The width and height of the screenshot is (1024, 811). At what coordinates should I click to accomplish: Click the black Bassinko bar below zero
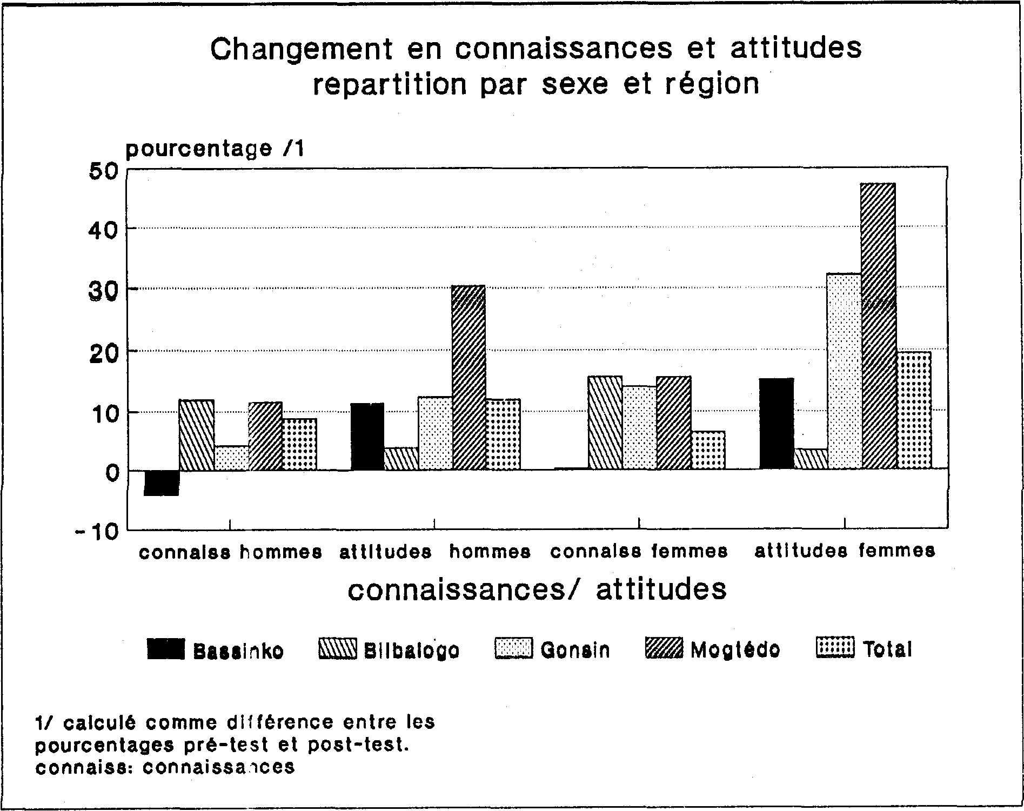pyautogui.click(x=162, y=482)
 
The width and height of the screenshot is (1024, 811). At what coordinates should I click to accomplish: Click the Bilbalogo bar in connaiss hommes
pyautogui.click(x=197, y=435)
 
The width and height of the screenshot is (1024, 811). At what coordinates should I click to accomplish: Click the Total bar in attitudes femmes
pyautogui.click(x=914, y=410)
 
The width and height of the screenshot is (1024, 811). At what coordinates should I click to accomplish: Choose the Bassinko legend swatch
pyautogui.click(x=166, y=649)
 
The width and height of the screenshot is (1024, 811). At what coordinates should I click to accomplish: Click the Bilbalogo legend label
pyautogui.click(x=412, y=650)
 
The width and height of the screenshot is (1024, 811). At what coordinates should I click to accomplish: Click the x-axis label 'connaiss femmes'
pyautogui.click(x=639, y=552)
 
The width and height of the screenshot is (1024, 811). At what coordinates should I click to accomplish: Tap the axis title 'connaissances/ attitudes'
pyautogui.click(x=537, y=589)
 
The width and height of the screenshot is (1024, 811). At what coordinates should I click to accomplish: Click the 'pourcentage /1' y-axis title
pyautogui.click(x=215, y=149)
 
